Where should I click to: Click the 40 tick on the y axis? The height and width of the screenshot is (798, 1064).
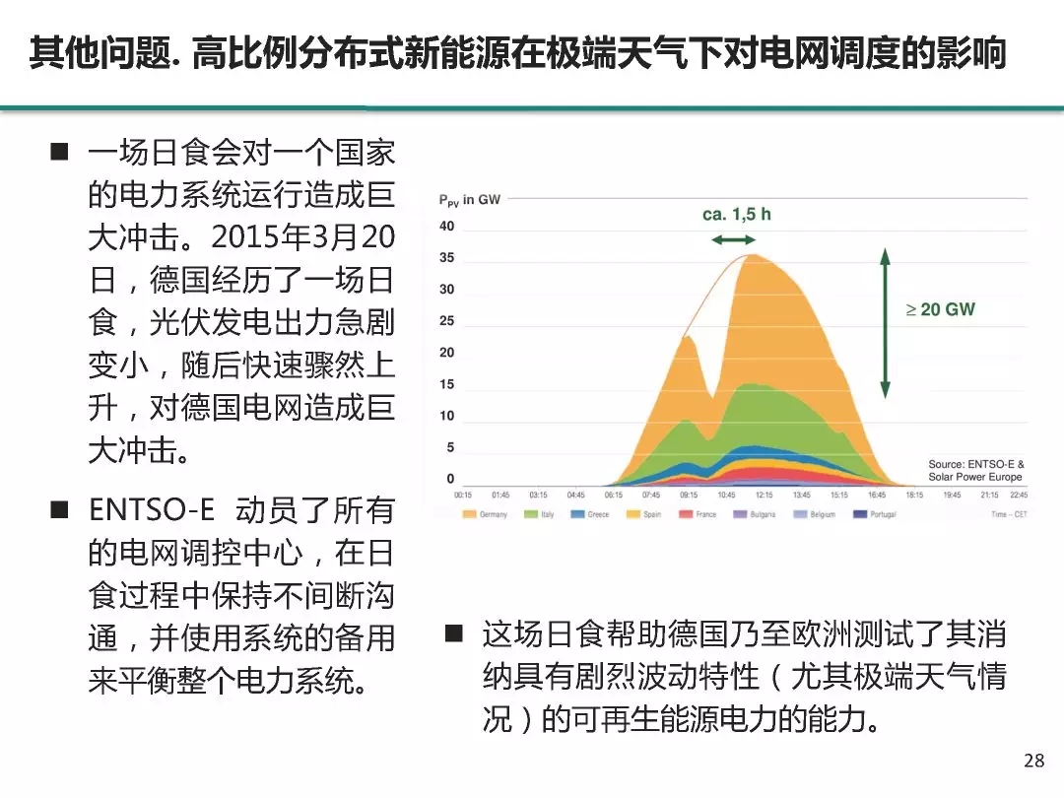pyautogui.click(x=446, y=227)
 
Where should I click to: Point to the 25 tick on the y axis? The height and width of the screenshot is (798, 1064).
pyautogui.click(x=446, y=321)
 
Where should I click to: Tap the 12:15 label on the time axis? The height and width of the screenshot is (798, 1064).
pyautogui.click(x=764, y=496)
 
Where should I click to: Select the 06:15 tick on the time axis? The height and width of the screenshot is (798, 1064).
pyautogui.click(x=613, y=496)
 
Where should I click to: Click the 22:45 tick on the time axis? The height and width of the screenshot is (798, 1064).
pyautogui.click(x=1017, y=496)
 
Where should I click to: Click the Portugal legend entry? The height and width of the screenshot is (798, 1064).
pyautogui.click(x=875, y=514)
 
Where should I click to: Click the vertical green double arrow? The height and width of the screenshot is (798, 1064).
pyautogui.click(x=886, y=323)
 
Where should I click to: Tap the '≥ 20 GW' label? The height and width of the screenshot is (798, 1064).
pyautogui.click(x=941, y=309)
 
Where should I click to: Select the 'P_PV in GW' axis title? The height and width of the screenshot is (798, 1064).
pyautogui.click(x=470, y=200)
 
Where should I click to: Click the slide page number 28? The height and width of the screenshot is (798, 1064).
pyautogui.click(x=1033, y=760)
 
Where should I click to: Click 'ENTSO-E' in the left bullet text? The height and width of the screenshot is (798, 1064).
pyautogui.click(x=151, y=509)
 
